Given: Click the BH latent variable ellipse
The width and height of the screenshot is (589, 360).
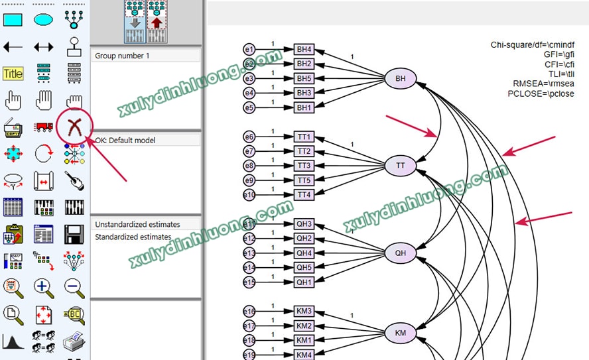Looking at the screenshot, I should coord(401,80).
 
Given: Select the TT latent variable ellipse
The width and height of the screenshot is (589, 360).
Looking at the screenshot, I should coord(401,165).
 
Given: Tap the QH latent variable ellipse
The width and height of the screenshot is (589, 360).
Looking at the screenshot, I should coord(401,253).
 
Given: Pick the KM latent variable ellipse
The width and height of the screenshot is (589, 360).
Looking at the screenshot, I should coord(401,333).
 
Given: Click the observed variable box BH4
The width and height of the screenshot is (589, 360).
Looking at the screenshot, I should coord(304,50).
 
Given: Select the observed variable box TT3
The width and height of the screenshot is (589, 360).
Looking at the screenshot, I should coord(304,166).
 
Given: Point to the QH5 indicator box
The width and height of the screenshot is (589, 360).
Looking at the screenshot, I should coord(304,268).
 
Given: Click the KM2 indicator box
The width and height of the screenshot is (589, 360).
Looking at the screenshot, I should coord(304,326).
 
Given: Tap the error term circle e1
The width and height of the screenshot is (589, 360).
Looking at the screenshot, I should coord(249,50).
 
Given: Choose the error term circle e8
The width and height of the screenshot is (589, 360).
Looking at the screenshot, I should coord(249,166).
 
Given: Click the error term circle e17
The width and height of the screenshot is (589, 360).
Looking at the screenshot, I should coord(249,326).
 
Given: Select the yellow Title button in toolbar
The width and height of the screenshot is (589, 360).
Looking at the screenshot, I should coord(13,74).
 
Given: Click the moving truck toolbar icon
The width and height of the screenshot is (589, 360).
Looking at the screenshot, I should coord(44,127).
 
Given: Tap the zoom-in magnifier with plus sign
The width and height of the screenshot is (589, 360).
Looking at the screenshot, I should coord(44,287).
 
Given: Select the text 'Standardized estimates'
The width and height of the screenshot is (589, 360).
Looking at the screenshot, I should coord(133,237).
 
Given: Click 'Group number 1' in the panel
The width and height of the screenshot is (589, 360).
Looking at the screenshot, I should coord(122,56).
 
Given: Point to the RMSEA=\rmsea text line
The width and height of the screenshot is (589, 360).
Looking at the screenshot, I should coord(543,84).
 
